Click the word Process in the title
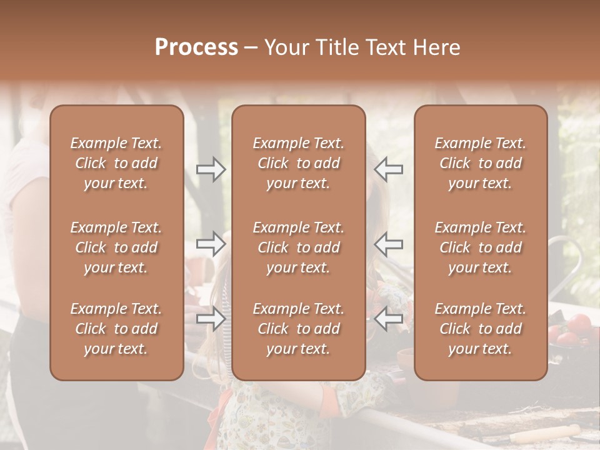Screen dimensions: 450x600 click(196, 47)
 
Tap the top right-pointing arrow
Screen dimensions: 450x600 click(211, 169)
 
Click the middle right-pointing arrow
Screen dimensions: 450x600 click(211, 244)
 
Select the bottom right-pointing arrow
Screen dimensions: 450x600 click(211, 319)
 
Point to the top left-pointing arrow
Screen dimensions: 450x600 click(389, 169)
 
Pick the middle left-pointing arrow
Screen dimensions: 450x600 click(389, 244)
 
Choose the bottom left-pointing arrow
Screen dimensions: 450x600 click(389, 319)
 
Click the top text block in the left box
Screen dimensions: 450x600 click(116, 163)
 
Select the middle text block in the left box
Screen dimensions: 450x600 click(116, 247)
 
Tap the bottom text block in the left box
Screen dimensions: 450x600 click(116, 329)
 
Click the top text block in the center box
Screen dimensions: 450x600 click(299, 163)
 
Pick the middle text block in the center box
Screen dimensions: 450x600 click(299, 247)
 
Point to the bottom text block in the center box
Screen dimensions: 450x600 click(299, 329)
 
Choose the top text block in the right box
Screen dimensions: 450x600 click(481, 163)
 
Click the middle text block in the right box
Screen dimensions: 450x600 click(481, 247)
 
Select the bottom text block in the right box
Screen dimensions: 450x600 click(481, 329)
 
